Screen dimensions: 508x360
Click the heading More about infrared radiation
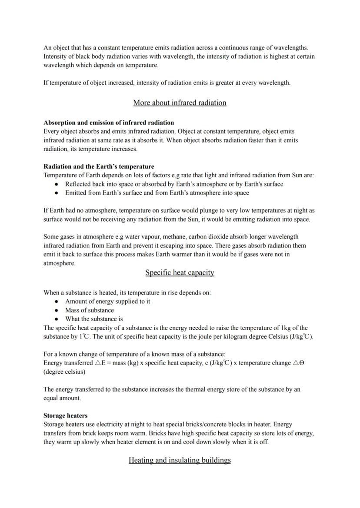click(180, 103)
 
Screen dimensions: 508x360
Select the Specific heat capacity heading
click(180, 272)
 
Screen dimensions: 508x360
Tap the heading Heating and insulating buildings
click(180, 460)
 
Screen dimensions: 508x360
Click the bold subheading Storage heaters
click(65, 415)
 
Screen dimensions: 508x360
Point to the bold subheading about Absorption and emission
click(109, 123)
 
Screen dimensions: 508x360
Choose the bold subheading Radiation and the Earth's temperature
click(99, 166)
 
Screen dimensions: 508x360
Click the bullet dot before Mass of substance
click(57, 310)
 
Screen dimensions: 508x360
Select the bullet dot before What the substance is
click(57, 319)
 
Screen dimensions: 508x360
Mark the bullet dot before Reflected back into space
click(57, 184)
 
